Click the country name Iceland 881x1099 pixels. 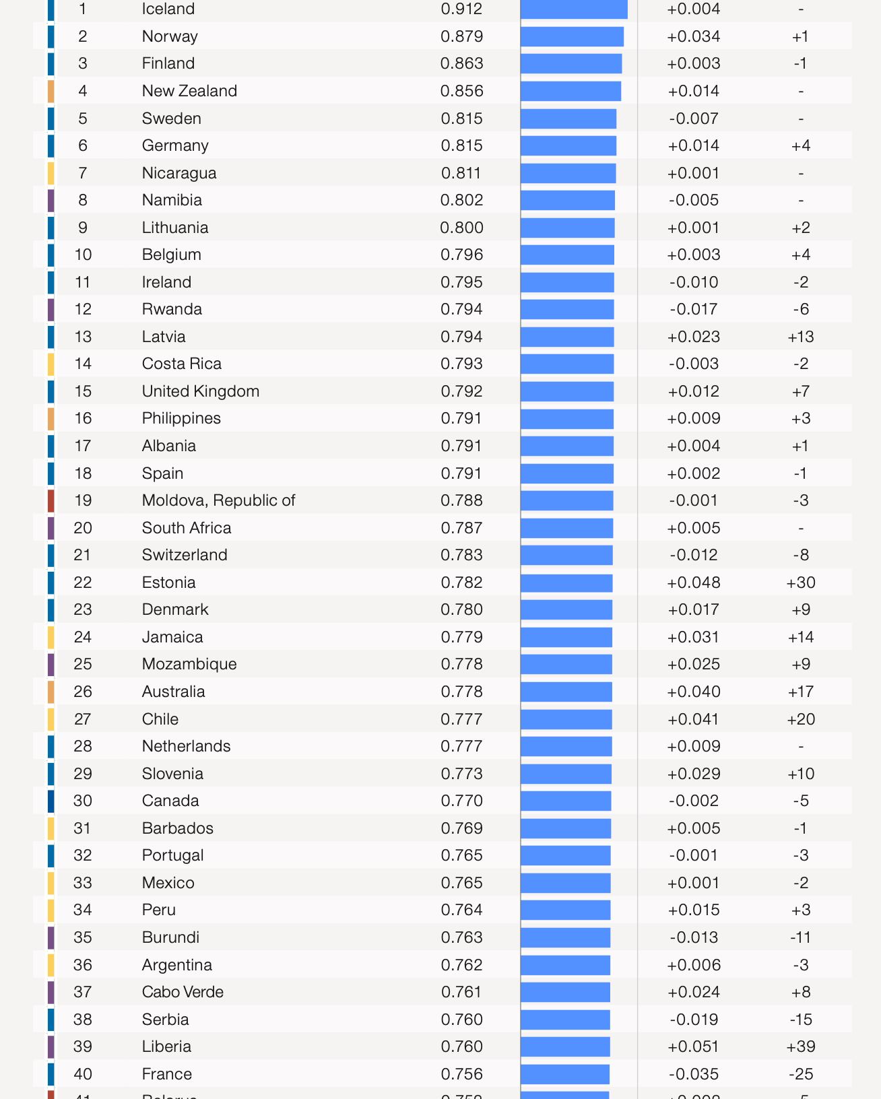click(168, 9)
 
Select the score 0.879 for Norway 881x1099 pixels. click(461, 36)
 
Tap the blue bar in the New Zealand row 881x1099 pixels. click(570, 91)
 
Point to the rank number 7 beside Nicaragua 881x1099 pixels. click(83, 173)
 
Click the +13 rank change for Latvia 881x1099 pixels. click(800, 337)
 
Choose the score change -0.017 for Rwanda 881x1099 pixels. click(693, 309)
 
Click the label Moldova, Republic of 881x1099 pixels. click(218, 500)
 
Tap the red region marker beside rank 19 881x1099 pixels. click(51, 500)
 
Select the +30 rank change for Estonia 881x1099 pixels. click(800, 582)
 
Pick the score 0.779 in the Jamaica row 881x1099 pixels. click(461, 637)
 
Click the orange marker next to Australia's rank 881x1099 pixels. click(51, 692)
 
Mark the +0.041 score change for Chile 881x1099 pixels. click(693, 719)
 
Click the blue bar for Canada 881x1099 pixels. click(566, 801)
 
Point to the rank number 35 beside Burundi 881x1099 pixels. click(83, 937)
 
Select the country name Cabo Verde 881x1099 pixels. click(183, 992)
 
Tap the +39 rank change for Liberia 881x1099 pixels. click(800, 1046)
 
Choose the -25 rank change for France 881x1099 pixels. click(800, 1074)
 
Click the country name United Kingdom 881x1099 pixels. click(200, 391)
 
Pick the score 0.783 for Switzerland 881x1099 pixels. click(461, 555)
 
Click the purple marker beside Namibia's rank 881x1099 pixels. click(51, 200)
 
